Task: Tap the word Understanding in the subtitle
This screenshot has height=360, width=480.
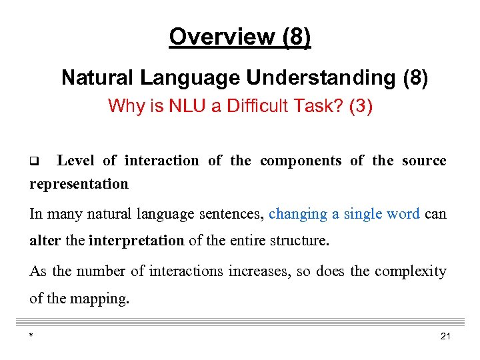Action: pos(321,78)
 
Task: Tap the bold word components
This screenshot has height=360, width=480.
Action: pos(301,161)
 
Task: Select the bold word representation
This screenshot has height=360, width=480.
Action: pos(79,184)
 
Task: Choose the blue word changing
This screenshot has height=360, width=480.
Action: pos(298,214)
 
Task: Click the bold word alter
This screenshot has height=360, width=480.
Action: pos(45,241)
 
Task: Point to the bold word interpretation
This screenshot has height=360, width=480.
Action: pos(136,241)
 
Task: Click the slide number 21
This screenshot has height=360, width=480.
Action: pos(445,336)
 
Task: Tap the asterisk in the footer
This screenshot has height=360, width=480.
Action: pos(31,336)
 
